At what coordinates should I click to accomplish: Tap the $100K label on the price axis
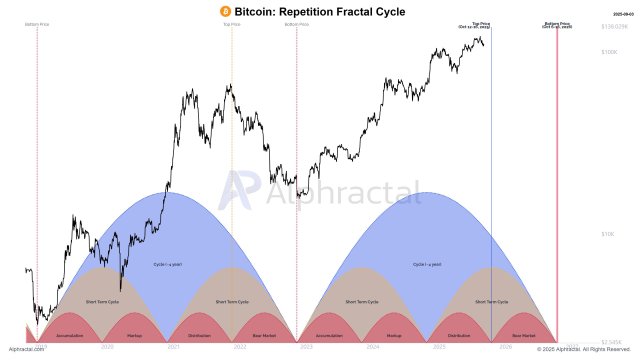610,51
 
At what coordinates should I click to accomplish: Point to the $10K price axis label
608,234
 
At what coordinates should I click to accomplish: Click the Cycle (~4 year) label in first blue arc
167,265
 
